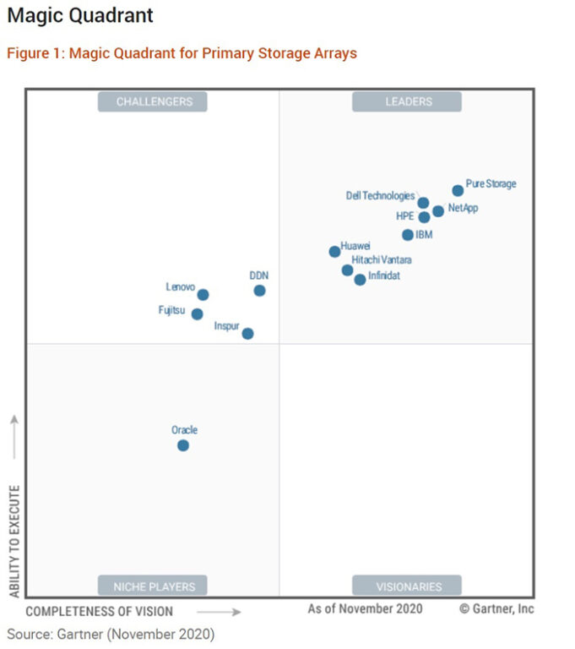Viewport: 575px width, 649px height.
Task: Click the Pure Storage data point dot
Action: pos(458,191)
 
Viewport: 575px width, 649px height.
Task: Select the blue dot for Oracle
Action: pos(183,445)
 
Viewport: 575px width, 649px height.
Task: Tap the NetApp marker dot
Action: pos(438,211)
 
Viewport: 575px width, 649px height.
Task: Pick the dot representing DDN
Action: pos(259,291)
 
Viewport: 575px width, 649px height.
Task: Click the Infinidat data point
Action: pos(361,280)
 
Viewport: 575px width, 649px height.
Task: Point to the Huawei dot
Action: pos(335,252)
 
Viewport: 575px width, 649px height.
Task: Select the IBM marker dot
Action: pos(408,235)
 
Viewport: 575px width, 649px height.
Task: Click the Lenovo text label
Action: pos(181,287)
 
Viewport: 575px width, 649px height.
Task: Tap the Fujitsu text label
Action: pos(171,310)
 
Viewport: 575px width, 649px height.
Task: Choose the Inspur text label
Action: pos(226,325)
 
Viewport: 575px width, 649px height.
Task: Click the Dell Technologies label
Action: pos(380,196)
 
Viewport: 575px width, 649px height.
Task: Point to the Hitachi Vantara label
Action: pos(382,259)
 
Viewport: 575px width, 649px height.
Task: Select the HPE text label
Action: pos(405,216)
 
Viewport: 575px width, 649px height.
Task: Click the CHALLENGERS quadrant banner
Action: pos(153,102)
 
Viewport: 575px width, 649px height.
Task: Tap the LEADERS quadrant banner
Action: pos(407,102)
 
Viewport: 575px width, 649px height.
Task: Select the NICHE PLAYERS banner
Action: pos(153,586)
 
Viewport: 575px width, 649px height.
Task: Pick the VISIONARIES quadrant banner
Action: pos(407,586)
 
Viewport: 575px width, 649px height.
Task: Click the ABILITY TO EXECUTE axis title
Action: pos(14,541)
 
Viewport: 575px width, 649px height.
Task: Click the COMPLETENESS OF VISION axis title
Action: pos(99,611)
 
